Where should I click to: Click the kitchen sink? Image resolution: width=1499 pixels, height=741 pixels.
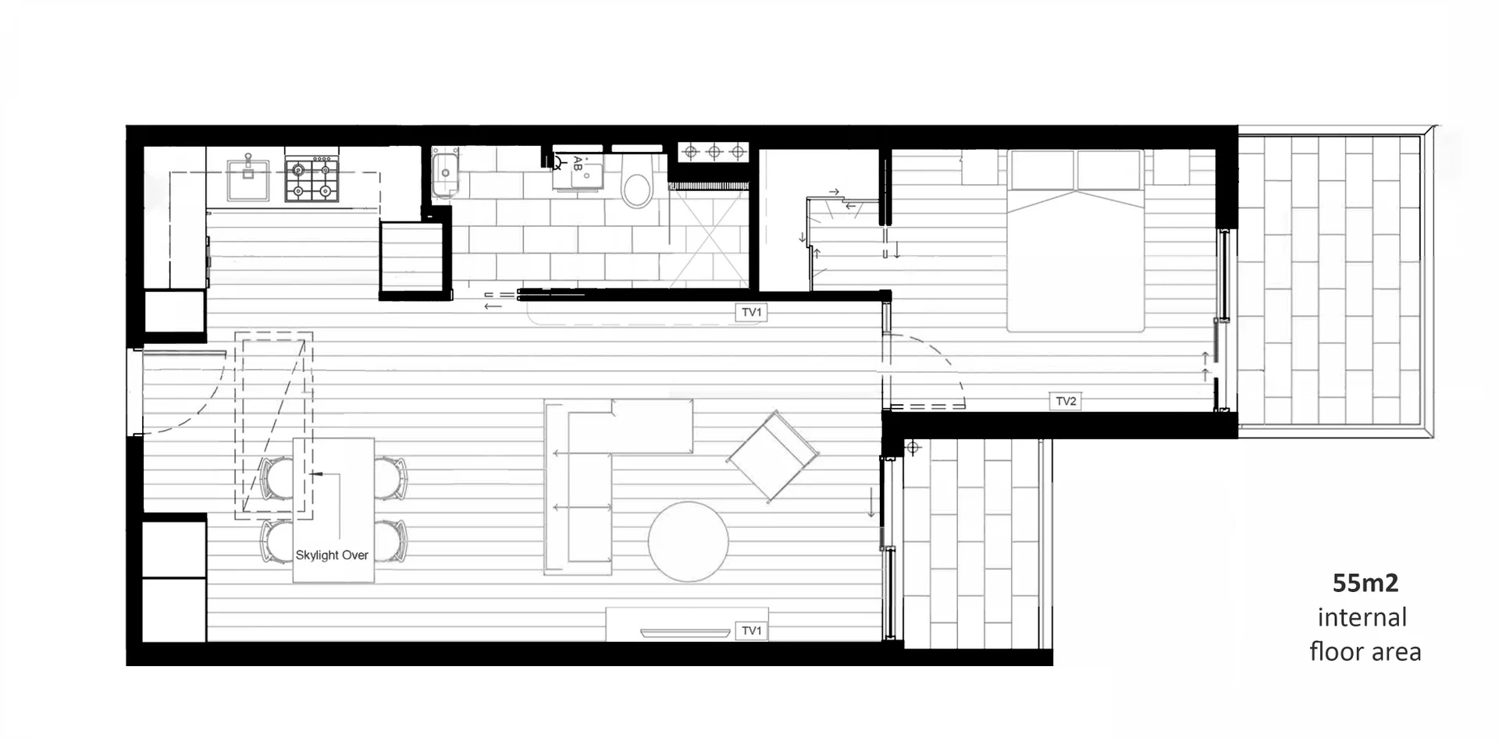247,180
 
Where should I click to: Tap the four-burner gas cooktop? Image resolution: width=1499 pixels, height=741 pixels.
312,180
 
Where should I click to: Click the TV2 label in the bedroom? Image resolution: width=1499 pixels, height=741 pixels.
1066,402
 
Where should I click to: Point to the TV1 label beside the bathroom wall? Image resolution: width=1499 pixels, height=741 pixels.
751,313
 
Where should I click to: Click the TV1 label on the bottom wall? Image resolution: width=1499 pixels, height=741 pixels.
751,630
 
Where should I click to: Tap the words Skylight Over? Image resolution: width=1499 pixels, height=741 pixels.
332,555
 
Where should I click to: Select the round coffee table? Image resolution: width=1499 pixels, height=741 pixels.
688,542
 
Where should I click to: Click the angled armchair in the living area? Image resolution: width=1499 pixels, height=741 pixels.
773,456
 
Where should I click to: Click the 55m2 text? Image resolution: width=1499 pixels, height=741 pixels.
1365,583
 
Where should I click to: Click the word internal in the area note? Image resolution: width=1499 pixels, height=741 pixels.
1362,618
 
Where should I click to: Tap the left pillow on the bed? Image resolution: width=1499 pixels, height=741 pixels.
1041,170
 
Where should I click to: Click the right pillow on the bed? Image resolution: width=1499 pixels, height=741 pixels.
1109,170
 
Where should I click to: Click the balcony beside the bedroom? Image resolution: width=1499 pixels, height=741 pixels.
1329,281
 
